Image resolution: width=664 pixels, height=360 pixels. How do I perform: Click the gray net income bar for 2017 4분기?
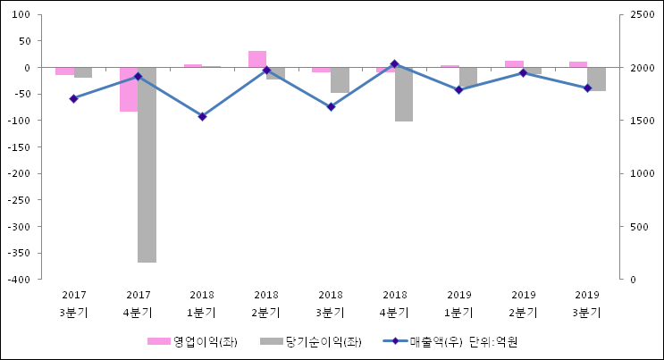pos(147,165)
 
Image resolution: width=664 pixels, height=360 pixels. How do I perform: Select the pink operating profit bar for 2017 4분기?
pos(129,89)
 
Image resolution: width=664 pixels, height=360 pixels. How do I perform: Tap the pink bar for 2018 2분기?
pos(257,59)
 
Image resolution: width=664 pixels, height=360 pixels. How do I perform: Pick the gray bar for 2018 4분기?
pos(404,94)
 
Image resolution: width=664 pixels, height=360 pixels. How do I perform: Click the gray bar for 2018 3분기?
pos(340,80)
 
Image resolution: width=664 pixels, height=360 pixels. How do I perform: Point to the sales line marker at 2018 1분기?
pos(202,116)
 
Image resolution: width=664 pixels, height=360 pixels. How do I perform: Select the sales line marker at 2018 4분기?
pos(395,64)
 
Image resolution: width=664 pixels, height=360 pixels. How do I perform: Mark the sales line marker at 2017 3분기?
pos(73,98)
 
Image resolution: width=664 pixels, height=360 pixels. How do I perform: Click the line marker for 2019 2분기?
pos(523,72)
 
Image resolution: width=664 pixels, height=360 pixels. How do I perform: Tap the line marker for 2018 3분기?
pos(331,106)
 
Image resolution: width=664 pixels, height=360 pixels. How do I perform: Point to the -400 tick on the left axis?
pos(20,280)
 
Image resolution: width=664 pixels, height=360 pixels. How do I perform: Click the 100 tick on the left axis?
pos(22,15)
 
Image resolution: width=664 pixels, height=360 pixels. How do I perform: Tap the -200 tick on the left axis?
pos(20,173)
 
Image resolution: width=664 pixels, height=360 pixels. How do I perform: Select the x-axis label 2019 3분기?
pos(587,303)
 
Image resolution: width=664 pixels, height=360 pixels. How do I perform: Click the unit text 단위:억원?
pos(493,341)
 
